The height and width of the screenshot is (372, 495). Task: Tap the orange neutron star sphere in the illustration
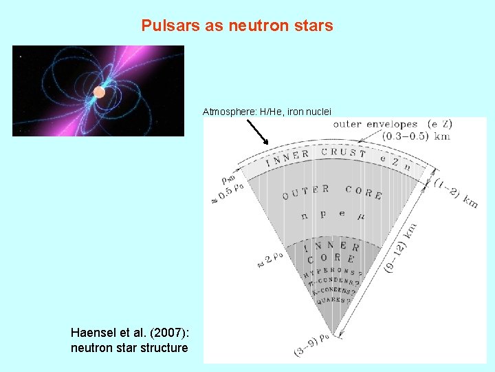(100, 92)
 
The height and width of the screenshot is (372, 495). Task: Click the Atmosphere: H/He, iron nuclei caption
(267, 111)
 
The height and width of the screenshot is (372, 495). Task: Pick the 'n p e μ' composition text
(333, 216)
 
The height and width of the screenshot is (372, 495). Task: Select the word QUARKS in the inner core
(332, 300)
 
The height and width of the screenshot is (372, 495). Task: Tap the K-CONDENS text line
(332, 290)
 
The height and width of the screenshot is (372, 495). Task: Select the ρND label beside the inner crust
(229, 178)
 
